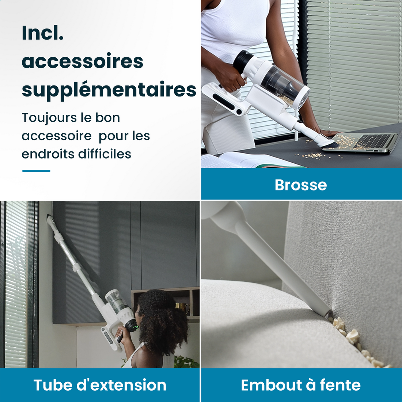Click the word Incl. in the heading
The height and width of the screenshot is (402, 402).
43,33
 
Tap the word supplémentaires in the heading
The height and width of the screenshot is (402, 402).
109,90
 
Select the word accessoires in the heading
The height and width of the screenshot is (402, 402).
83,61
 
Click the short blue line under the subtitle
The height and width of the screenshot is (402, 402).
36,171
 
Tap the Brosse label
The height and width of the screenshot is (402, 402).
301,185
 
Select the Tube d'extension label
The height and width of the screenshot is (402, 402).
100,385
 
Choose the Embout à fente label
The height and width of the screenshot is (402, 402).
301,385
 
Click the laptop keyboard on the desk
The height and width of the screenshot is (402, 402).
373,141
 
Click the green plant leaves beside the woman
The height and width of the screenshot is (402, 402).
186,362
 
